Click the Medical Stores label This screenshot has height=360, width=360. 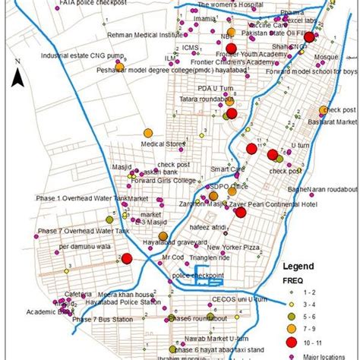click(164, 142)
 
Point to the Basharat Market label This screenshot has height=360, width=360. click(336, 122)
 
